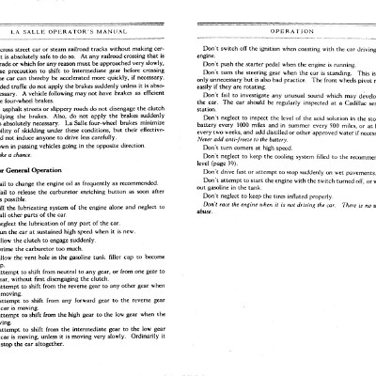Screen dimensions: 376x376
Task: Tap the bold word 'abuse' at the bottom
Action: coord(204,243)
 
